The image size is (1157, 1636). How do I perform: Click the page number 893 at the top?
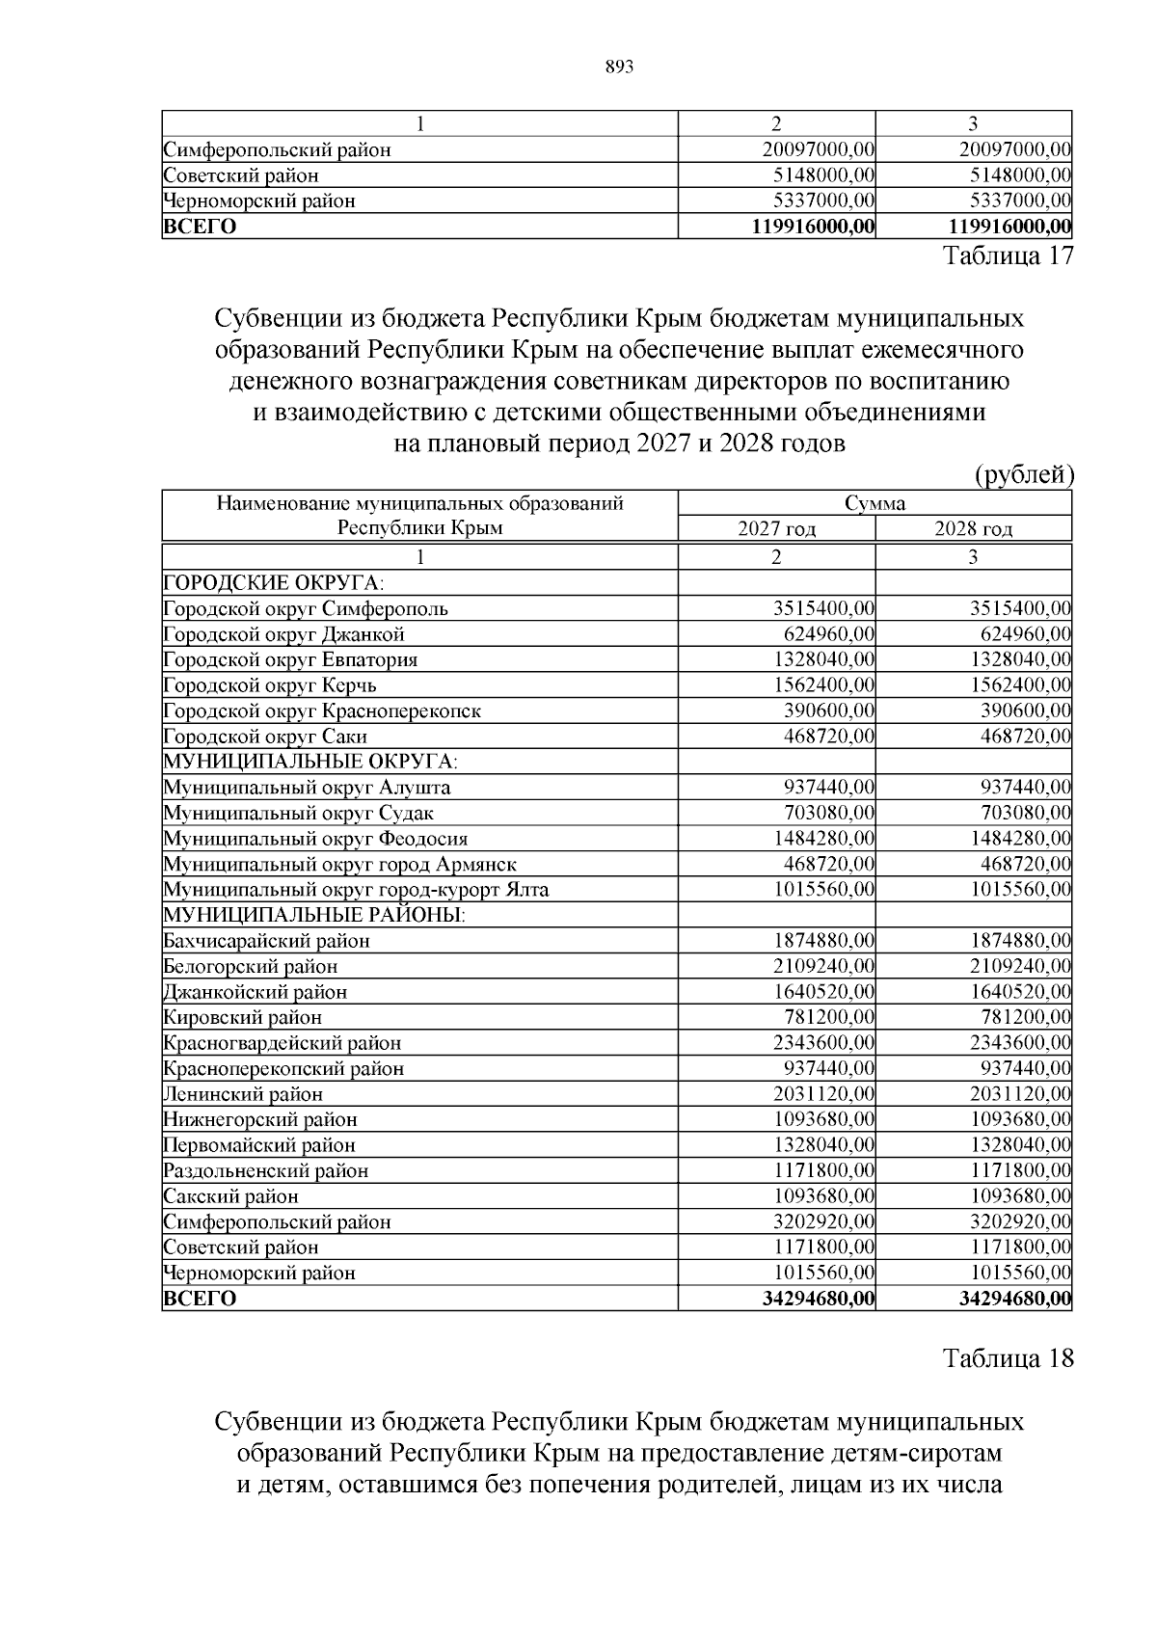(x=618, y=67)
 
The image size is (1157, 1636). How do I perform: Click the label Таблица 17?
(x=1008, y=256)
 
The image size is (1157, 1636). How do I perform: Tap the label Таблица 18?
(x=1008, y=1358)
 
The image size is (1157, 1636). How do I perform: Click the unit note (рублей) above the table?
(x=1024, y=474)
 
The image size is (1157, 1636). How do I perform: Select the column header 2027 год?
(x=776, y=529)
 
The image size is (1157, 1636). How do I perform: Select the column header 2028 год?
(x=973, y=529)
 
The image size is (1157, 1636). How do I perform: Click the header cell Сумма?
(x=874, y=503)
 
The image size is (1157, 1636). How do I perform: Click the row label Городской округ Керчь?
(x=270, y=685)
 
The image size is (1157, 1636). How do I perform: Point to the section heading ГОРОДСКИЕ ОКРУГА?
(x=273, y=583)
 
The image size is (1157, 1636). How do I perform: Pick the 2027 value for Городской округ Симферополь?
(x=823, y=609)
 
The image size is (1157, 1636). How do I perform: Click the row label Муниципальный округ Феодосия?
(x=316, y=839)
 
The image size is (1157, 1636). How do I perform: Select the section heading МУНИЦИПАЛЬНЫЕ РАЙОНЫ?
(x=314, y=915)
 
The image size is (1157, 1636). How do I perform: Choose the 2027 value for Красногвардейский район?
(x=823, y=1043)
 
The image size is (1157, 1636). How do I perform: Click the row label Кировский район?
(x=243, y=1017)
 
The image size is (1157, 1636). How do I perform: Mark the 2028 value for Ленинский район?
(x=1020, y=1094)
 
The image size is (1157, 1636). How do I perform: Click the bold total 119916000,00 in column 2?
(x=813, y=227)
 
